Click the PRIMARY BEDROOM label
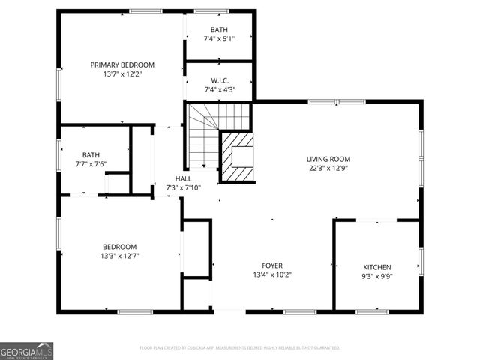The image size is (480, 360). (x=122, y=64)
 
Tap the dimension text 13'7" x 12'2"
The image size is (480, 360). (x=122, y=74)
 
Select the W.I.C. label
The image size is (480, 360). (x=220, y=80)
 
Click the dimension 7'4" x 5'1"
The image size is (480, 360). (x=220, y=39)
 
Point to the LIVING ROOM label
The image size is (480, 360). (x=328, y=159)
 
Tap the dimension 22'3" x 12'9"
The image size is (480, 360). (x=328, y=169)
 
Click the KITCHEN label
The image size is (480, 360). (x=377, y=267)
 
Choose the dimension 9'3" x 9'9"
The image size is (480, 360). (x=377, y=277)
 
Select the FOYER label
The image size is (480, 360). (x=271, y=265)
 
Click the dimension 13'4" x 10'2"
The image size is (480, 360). (x=271, y=275)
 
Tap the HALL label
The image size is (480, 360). (x=183, y=178)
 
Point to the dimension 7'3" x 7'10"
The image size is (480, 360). (x=183, y=188)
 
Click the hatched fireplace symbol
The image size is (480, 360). (x=238, y=157)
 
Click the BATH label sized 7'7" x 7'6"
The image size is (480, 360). (x=91, y=155)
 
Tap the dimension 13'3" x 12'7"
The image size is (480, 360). (x=120, y=256)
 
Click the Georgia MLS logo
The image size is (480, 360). (x=26, y=350)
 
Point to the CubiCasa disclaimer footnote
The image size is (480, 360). (x=240, y=348)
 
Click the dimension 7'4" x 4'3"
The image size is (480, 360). (x=220, y=90)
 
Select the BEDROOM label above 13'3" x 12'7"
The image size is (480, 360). (x=120, y=247)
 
